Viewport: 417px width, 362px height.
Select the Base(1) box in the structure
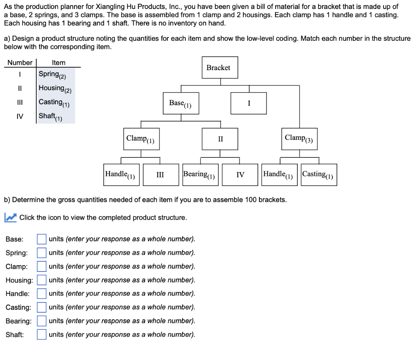[x=180, y=103]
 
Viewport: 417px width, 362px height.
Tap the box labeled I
[x=248, y=103]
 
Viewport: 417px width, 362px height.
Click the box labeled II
[x=220, y=139]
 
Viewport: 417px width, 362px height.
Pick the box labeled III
[x=160, y=175]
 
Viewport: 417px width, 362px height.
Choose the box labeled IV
[x=240, y=175]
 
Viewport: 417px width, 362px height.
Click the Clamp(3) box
[x=299, y=139]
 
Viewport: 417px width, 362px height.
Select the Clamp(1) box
[x=141, y=139]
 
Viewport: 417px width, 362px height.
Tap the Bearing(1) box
[x=200, y=175]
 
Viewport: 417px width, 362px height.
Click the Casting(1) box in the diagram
[x=319, y=175]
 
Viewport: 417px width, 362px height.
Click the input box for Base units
[x=42, y=239]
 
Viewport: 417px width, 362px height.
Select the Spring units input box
[x=42, y=253]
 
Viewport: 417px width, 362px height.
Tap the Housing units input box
[x=42, y=280]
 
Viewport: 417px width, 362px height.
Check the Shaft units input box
[x=42, y=334]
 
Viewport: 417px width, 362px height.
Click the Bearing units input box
[x=42, y=321]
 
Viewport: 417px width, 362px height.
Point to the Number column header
[x=20, y=62]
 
